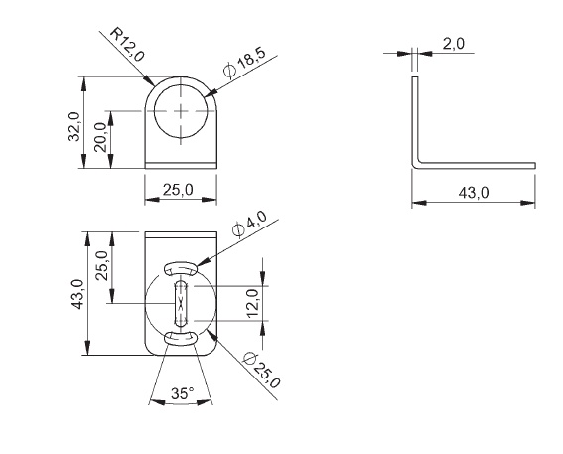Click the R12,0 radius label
click(x=127, y=45)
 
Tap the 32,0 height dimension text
click(x=73, y=127)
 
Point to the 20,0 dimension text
click(x=100, y=137)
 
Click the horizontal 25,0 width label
click(x=178, y=190)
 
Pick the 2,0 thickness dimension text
click(x=453, y=44)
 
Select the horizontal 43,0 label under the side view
click(x=474, y=193)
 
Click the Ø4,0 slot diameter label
click(x=250, y=224)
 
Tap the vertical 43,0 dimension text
click(x=77, y=294)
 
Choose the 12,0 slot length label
click(x=253, y=304)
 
